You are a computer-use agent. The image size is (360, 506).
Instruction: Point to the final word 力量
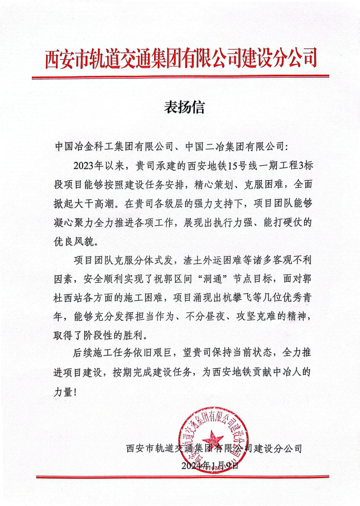(64, 392)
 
